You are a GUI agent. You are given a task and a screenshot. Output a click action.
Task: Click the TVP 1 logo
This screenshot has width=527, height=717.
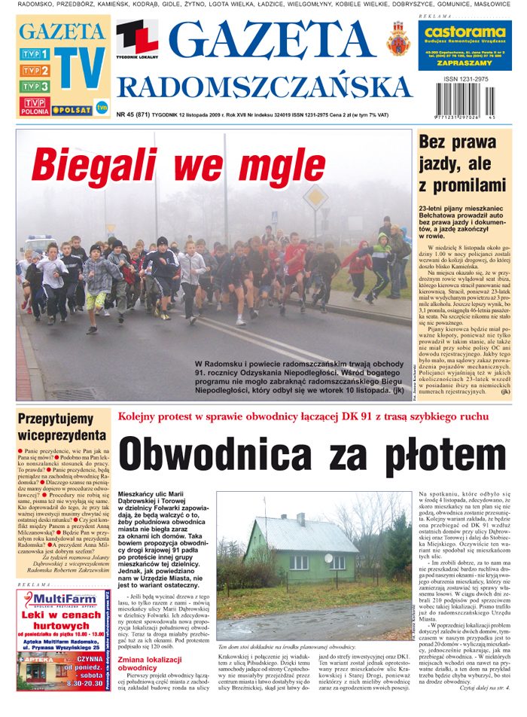(x=35, y=54)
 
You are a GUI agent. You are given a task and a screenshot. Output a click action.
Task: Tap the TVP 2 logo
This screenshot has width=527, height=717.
(x=35, y=71)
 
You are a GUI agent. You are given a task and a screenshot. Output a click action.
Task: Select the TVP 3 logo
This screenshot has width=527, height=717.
(x=35, y=87)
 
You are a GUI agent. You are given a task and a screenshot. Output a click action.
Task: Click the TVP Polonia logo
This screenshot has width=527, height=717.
(x=35, y=105)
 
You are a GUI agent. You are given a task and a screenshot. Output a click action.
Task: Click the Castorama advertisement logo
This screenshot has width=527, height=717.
(x=464, y=33)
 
